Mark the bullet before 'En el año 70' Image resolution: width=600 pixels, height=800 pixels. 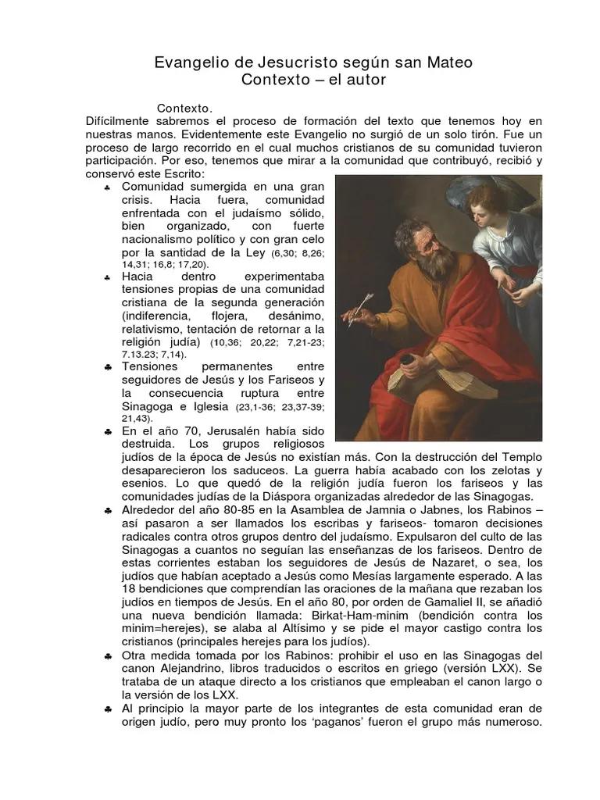(x=107, y=432)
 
